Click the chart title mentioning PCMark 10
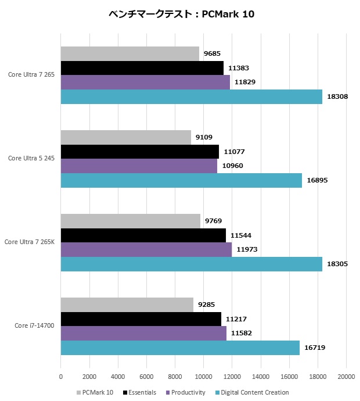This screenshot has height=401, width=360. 181,14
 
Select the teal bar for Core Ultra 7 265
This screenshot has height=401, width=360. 192,96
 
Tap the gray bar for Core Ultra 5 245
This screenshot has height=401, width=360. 126,138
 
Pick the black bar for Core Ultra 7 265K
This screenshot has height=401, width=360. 143,235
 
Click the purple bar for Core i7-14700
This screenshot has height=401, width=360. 143,333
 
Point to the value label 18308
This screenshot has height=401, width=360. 337,96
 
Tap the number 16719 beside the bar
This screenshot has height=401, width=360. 315,348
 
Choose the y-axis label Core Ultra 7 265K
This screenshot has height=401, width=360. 29,242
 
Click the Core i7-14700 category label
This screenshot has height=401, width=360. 34,325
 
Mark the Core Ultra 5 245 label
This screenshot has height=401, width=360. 31,158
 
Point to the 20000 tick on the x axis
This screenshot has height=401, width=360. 346,377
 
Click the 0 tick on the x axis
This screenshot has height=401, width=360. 61,377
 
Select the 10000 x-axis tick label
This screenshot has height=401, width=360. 203,377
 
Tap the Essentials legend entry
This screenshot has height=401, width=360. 140,392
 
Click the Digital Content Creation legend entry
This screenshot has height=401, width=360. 254,392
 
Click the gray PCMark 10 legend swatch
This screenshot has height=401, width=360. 79,392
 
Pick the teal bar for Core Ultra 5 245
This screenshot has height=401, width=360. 181,180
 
